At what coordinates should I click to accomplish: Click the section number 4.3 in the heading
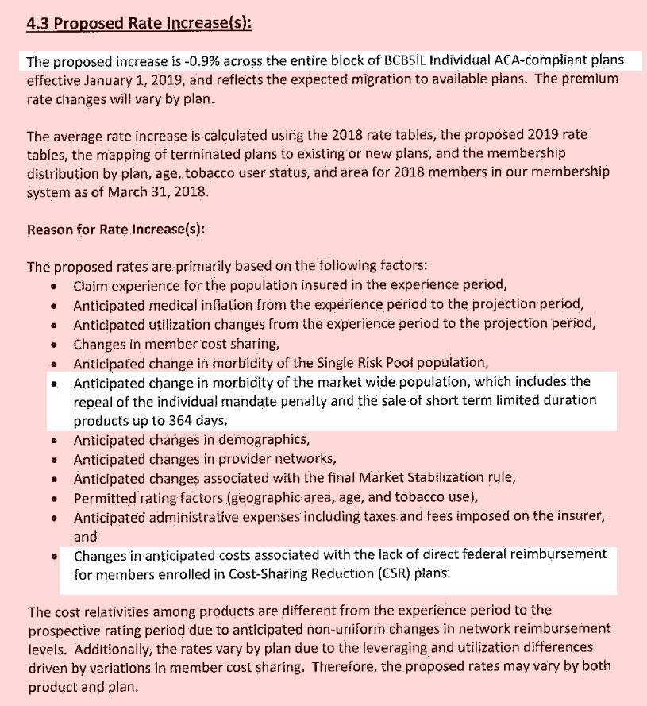pyautogui.click(x=37, y=23)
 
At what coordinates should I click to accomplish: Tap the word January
pyautogui.click(x=129, y=79)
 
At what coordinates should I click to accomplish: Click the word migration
pyautogui.click(x=402, y=79)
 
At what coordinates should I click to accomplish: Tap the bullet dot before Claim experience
pyautogui.click(x=53, y=286)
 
